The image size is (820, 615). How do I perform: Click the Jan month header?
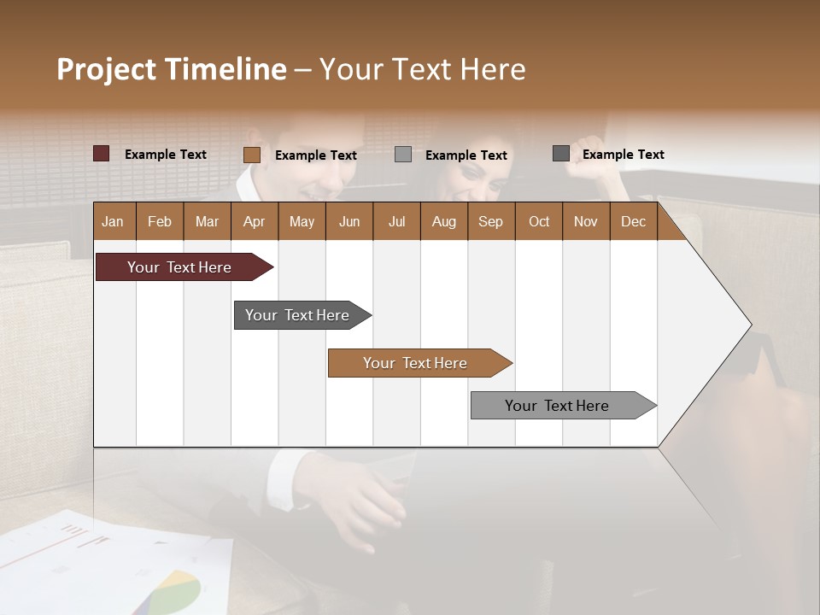click(x=113, y=221)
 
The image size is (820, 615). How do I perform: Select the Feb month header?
click(x=160, y=221)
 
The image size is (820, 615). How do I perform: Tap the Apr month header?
click(x=254, y=221)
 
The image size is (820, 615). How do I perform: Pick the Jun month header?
click(x=349, y=221)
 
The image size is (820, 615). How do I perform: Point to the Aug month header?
click(x=443, y=221)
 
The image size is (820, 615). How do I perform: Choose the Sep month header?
click(x=490, y=221)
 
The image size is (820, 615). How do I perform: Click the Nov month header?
click(x=585, y=221)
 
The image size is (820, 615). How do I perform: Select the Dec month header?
click(x=633, y=221)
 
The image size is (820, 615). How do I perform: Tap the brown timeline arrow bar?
click(x=416, y=363)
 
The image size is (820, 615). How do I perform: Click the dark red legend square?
click(x=102, y=154)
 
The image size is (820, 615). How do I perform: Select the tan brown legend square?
click(x=252, y=155)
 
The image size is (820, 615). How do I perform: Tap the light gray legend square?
click(x=403, y=155)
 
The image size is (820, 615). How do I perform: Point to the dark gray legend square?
click(x=561, y=154)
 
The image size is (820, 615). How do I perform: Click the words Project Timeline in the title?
click(x=172, y=69)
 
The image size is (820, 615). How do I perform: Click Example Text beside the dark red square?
click(x=166, y=155)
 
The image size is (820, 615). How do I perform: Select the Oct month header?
click(x=539, y=221)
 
